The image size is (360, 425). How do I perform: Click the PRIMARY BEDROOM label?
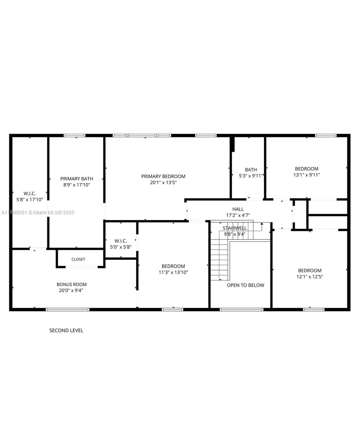[163, 176]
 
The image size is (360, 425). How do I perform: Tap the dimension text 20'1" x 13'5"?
[163, 183]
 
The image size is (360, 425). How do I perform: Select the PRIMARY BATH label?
[76, 179]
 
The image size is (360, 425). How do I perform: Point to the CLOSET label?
[78, 259]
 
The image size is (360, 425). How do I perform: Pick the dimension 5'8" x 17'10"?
[30, 200]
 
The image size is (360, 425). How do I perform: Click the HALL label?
[238, 209]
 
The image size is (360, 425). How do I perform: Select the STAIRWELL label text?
[235, 228]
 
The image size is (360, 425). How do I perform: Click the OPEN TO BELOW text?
[245, 285]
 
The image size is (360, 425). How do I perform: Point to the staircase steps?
[219, 259]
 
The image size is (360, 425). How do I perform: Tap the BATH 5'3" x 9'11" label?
[251, 172]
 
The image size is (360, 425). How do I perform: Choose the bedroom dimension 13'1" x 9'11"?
[307, 175]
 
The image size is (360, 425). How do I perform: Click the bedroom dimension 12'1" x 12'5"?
[309, 277]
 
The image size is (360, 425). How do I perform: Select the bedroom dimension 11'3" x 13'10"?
[173, 272]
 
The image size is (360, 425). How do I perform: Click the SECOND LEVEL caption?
[66, 330]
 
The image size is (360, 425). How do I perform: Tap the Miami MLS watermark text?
[38, 212]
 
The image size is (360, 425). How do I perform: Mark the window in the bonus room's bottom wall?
[68, 310]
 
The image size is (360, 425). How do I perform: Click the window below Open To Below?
[241, 310]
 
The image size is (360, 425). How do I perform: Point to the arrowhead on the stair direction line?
[262, 224]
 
